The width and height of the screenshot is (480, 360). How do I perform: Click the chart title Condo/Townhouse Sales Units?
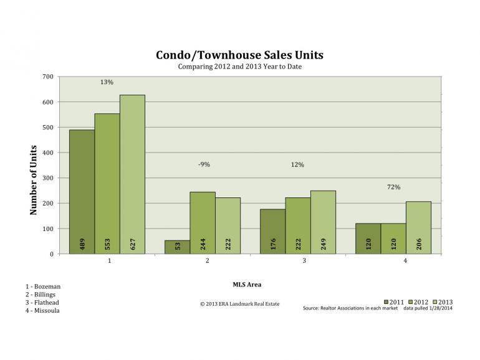pos(239,55)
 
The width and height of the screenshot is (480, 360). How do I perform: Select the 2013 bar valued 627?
pos(132,174)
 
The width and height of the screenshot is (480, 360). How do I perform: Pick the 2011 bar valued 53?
pos(177,247)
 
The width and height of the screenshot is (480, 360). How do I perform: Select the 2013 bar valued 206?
pos(418,227)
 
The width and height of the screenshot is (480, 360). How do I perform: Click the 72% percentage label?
pos(393,187)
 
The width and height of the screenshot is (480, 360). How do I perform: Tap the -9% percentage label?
pos(204,164)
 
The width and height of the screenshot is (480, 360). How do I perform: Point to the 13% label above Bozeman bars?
pos(107,82)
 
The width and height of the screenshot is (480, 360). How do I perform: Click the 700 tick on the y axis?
pos(47,77)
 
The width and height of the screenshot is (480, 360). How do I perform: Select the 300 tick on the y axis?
pos(47,178)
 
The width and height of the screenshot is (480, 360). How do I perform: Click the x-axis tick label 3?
pos(304,261)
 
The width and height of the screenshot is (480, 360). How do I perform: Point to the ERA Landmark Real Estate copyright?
pos(240,304)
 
